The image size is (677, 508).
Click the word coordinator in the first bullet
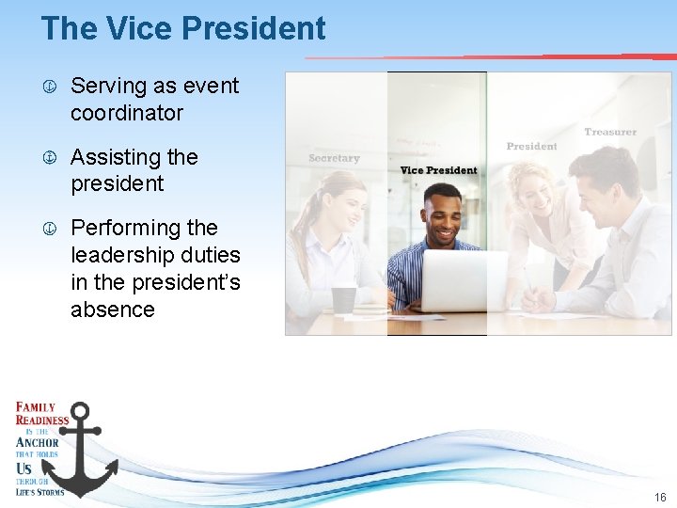tap(126, 113)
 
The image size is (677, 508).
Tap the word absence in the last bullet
tap(113, 309)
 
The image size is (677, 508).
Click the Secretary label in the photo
tap(334, 158)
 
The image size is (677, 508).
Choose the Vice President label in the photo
tap(438, 170)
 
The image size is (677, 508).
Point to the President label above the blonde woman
tap(531, 146)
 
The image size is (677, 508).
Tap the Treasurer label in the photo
tap(609, 132)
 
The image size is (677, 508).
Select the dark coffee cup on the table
tap(343, 299)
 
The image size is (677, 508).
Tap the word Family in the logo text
tap(37, 406)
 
